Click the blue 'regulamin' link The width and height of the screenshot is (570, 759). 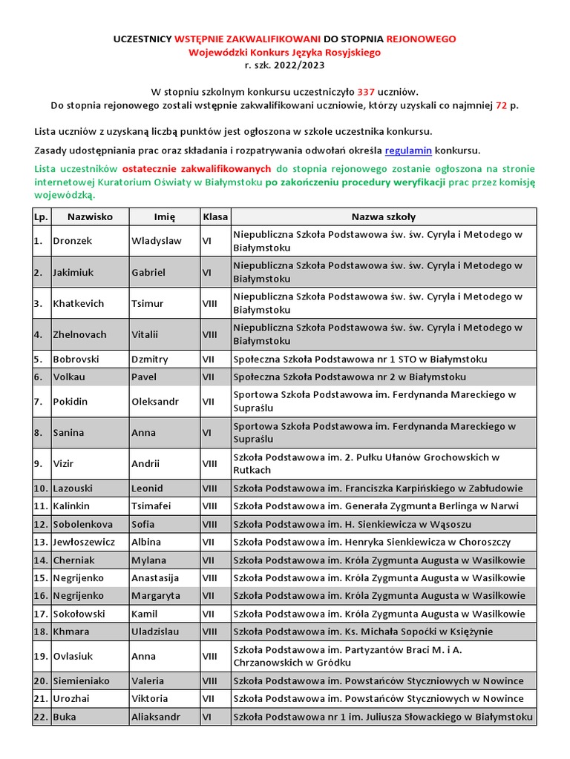[409, 150]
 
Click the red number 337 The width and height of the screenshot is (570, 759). [366, 92]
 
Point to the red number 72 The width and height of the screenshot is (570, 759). [502, 105]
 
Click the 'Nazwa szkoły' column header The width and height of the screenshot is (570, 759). [383, 217]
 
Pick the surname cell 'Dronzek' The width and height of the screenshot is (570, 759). [73, 241]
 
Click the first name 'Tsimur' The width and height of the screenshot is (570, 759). [147, 303]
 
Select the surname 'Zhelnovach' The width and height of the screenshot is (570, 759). [79, 334]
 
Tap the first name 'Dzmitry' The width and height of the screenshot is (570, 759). [150, 359]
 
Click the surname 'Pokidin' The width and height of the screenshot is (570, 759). [71, 402]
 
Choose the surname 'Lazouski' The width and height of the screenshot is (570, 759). [74, 488]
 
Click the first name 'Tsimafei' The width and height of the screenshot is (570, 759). [151, 506]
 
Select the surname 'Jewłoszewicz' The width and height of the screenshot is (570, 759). [84, 542]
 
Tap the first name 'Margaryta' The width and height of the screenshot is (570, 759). [155, 595]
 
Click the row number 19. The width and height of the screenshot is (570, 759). [40, 656]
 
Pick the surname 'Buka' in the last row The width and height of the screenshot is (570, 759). [65, 717]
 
